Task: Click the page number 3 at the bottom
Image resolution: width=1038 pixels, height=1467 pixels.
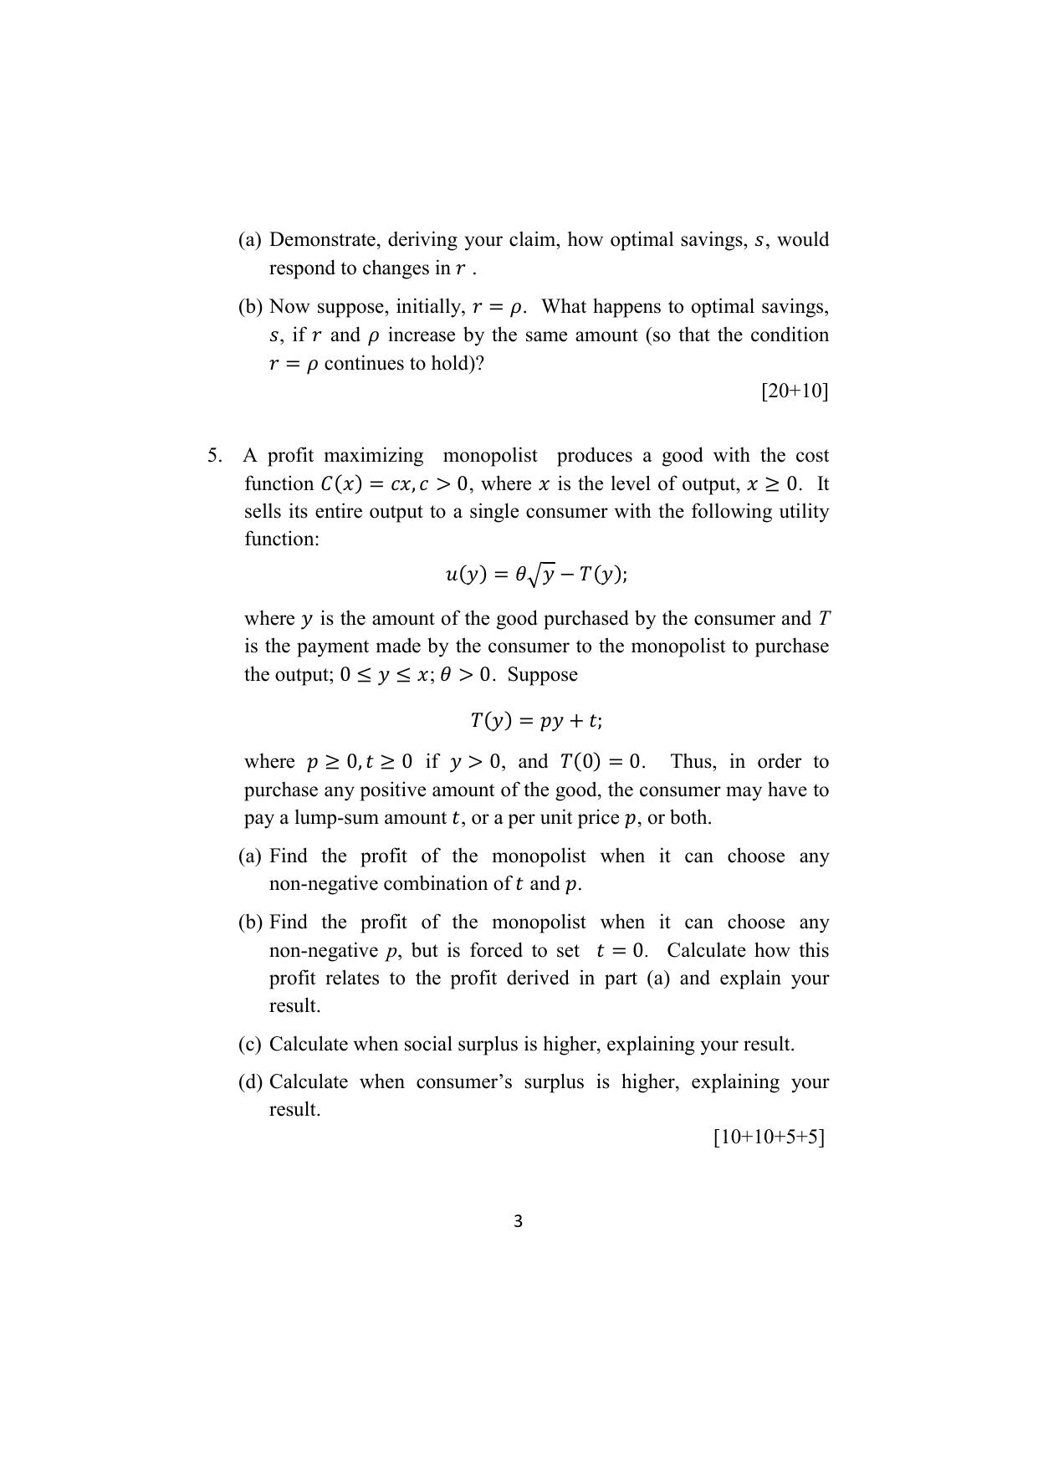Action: coord(518,1221)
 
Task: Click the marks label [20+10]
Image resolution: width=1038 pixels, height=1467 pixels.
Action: coord(794,391)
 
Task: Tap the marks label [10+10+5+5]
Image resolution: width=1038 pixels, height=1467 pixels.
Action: coord(769,1137)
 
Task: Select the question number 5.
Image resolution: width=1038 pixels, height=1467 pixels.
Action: coord(215,456)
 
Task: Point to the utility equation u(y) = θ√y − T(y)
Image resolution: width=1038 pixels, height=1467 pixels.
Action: coord(536,575)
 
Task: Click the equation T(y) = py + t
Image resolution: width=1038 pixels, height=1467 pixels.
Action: coord(535,720)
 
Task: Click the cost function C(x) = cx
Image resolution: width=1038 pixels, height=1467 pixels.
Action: coord(352,484)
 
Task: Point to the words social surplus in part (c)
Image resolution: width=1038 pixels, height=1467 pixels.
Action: coord(461,1045)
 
